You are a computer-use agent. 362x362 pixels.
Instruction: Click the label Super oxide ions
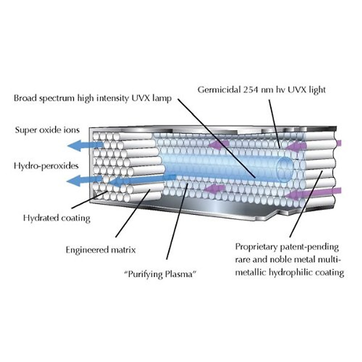[x=47, y=130]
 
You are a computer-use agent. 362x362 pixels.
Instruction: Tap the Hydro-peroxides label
[x=46, y=166]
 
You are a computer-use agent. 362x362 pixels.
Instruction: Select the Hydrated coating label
[x=57, y=218]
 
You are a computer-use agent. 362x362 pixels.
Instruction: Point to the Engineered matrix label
[x=101, y=250]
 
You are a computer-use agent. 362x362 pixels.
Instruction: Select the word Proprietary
[x=256, y=247]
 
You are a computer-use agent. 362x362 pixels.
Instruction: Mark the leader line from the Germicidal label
[x=274, y=124]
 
